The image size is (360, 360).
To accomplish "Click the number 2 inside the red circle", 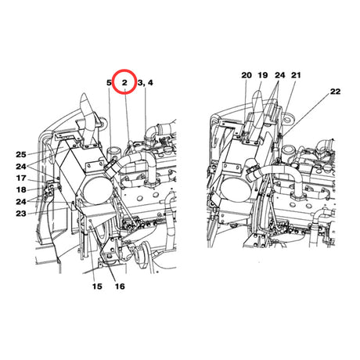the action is [124, 83].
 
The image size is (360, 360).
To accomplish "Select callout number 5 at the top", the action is [109, 83].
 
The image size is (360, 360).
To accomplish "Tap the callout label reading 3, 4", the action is [145, 83].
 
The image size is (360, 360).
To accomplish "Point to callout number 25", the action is [21, 154].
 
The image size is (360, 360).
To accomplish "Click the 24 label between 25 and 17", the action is [21, 166].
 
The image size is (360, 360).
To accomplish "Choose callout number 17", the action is [21, 178].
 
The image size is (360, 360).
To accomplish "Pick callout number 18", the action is [21, 189].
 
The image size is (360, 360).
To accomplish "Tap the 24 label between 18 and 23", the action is [21, 201].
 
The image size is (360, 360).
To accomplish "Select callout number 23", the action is [21, 214].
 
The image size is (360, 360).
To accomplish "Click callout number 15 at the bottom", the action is [97, 286].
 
